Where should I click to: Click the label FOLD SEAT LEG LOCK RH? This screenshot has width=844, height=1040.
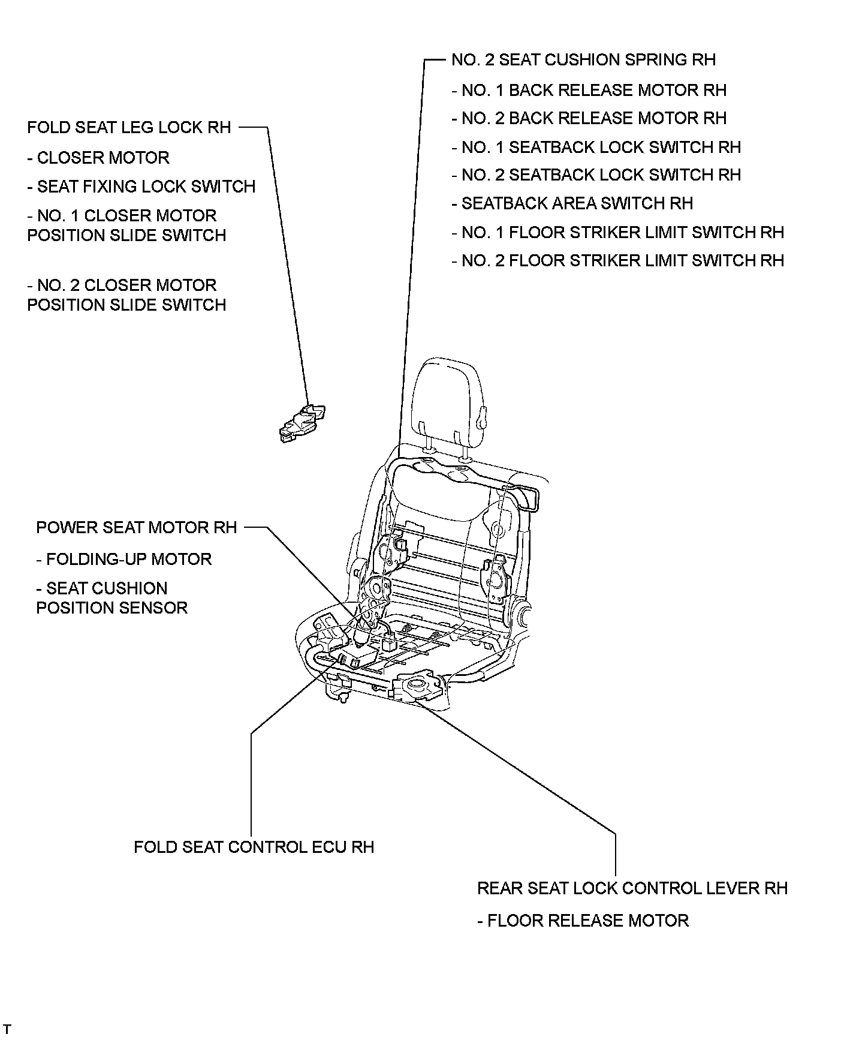pyautogui.click(x=129, y=127)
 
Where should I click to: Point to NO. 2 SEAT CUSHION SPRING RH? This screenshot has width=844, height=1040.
pyautogui.click(x=583, y=60)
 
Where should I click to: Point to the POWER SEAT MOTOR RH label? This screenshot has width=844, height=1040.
pyautogui.click(x=137, y=528)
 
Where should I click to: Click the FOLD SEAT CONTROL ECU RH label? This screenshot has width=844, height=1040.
pyautogui.click(x=254, y=847)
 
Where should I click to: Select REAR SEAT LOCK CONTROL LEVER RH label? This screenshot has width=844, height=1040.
pyautogui.click(x=632, y=888)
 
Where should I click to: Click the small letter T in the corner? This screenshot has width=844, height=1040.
pyautogui.click(x=8, y=1029)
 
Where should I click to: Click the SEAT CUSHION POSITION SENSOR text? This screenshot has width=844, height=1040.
pyautogui.click(x=111, y=598)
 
